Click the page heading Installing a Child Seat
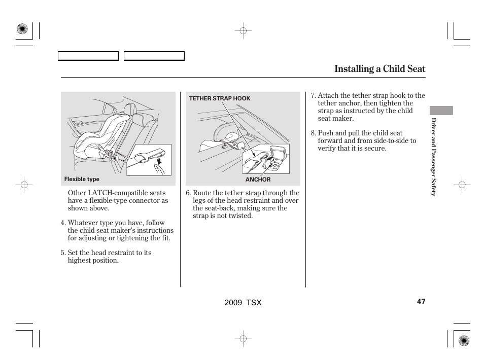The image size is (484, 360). (379, 69)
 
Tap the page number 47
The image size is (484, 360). (421, 302)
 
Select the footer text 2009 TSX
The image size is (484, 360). (243, 302)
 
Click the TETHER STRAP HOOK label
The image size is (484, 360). (220, 98)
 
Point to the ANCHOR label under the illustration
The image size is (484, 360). (258, 179)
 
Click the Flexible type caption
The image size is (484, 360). (82, 179)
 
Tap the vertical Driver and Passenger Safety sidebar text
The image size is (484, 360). (434, 157)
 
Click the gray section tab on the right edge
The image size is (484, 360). (441, 111)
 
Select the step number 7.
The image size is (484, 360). (313, 95)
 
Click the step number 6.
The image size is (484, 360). (188, 193)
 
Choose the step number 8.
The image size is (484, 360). (313, 133)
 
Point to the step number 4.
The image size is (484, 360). (63, 223)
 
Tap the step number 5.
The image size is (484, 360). (63, 253)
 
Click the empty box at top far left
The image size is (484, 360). (88, 56)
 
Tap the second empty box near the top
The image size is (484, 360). (154, 56)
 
